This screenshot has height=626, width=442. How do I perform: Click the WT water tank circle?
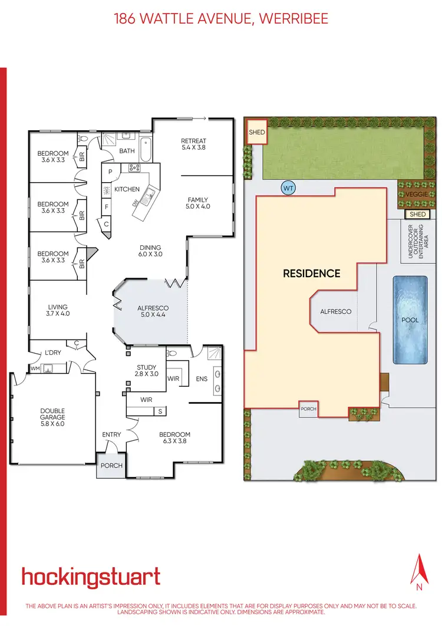289,188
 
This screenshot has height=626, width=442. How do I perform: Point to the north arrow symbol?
420,569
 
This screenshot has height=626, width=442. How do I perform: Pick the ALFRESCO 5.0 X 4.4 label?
153,312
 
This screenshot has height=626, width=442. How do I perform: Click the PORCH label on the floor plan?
111,465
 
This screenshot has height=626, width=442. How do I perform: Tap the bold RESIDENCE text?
312,274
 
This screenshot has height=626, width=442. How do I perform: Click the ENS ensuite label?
202,378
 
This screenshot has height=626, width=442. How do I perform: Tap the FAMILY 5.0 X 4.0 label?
199,203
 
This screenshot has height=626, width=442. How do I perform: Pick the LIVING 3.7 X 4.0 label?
58,310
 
